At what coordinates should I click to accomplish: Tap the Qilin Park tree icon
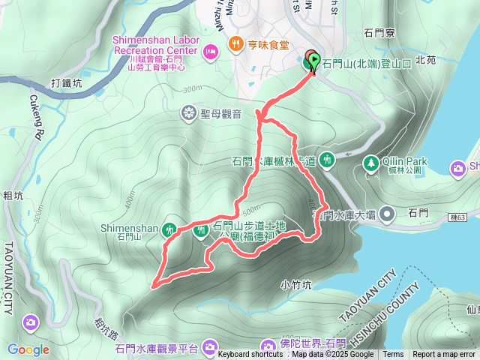click(370, 162)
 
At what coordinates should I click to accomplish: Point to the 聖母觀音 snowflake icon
click(188, 113)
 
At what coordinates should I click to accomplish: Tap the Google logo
click(28, 349)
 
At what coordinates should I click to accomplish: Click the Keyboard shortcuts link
click(250, 355)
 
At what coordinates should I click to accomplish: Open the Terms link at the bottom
click(393, 355)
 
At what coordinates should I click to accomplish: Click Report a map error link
click(445, 355)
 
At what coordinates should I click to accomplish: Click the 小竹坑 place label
click(295, 284)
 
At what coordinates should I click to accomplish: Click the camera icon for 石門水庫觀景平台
click(209, 346)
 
